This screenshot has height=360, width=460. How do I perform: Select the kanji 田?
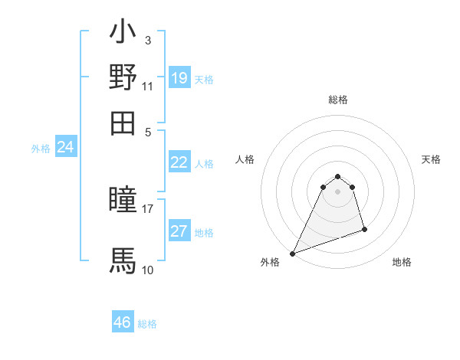(x=123, y=122)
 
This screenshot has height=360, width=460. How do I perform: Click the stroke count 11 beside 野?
(x=147, y=87)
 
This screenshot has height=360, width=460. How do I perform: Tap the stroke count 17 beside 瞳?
(x=147, y=208)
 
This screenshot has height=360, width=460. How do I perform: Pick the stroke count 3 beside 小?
(x=147, y=40)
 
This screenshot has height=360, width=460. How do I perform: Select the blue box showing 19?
(x=179, y=78)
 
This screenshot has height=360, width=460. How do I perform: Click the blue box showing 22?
(x=179, y=162)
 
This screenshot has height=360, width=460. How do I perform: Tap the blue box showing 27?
(x=179, y=231)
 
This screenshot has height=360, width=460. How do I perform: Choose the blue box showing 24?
(x=66, y=148)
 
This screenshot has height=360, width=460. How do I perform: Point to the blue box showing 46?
(x=123, y=322)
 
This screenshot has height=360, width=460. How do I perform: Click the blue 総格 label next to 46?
(x=147, y=324)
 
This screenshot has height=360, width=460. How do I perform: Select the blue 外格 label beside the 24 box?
(x=40, y=149)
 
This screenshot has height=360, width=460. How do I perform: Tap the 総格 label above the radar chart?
(x=338, y=100)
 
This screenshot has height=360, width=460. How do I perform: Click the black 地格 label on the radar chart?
(x=402, y=263)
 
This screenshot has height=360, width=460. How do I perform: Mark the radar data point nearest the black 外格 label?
(x=292, y=254)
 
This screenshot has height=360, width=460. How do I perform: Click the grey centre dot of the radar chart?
(x=338, y=191)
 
